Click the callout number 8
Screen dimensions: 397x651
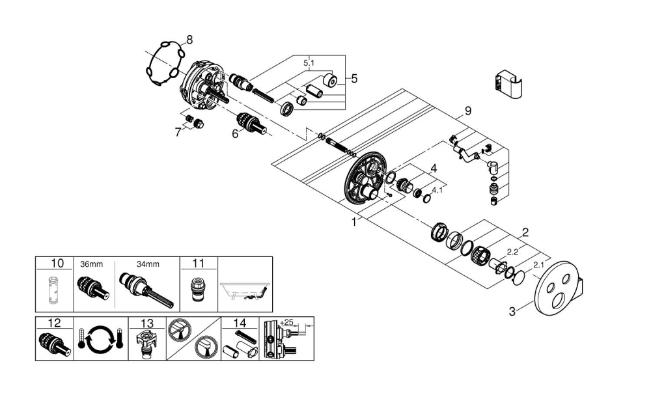[189, 40]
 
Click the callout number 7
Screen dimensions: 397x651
[178, 132]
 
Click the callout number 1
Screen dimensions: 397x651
[354, 221]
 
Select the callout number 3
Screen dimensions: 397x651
[512, 311]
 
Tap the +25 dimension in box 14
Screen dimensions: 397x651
[287, 322]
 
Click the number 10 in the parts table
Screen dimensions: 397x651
[57, 264]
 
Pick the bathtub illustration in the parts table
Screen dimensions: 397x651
[245, 290]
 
